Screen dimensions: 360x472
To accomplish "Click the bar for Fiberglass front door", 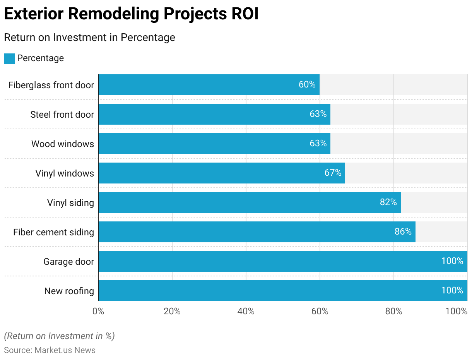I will (209, 85).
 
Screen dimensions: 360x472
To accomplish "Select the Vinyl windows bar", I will (221, 173).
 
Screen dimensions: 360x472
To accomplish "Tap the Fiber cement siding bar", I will (257, 232).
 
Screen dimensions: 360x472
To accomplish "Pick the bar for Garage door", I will (282, 261).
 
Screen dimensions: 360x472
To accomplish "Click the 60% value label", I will (307, 85).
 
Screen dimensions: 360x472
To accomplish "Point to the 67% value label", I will (333, 173).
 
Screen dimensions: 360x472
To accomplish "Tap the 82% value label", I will (388, 202).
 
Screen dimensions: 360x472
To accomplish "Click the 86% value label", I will (403, 232).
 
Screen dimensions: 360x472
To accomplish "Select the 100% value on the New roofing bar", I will (452, 291).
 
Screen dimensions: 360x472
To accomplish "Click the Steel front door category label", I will (62, 115).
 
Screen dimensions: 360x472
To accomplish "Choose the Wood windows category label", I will (63, 144).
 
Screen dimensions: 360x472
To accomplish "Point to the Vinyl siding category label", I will (70, 203).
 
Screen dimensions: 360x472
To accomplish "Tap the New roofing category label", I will (69, 291).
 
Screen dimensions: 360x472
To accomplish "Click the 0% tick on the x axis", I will (98, 311).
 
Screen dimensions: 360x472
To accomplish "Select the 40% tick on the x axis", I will (246, 311).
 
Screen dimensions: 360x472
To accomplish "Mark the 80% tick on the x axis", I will (394, 311).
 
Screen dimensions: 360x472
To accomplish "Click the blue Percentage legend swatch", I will (9, 58).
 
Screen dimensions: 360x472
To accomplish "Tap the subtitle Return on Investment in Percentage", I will (89, 38).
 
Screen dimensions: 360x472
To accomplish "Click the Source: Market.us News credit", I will (50, 350).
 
